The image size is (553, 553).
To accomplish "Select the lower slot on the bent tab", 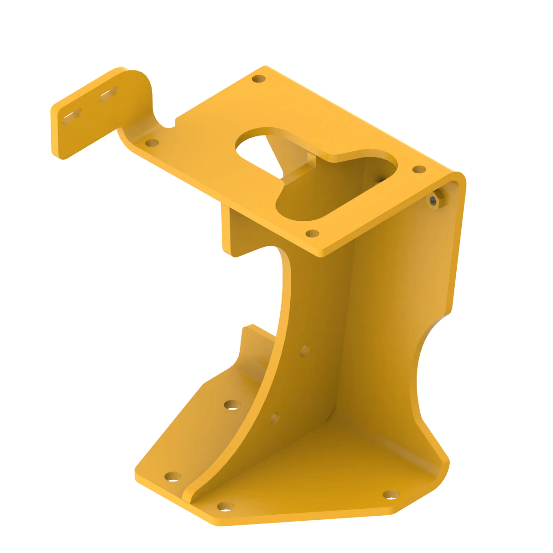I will [72, 116].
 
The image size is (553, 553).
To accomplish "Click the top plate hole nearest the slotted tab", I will [152, 143].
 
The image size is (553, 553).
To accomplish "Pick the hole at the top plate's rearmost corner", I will [259, 79].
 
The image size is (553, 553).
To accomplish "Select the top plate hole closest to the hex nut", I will [419, 170].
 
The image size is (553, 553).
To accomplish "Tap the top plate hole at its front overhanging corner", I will [312, 233].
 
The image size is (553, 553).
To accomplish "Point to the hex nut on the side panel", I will [434, 200].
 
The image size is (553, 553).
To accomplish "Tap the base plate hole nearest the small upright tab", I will [232, 405].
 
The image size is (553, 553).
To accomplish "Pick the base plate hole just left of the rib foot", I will [173, 477].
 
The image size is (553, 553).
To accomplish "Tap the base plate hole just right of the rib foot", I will [225, 507].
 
